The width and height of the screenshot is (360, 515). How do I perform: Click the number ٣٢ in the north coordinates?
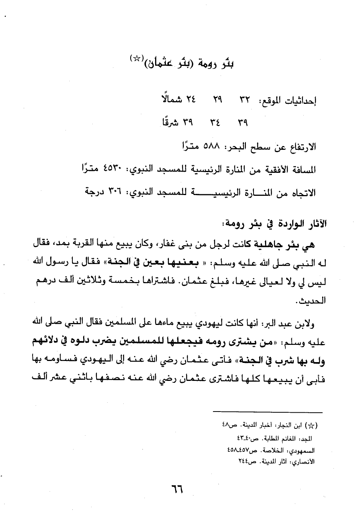(244, 101)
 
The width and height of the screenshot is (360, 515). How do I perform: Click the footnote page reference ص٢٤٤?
(245, 462)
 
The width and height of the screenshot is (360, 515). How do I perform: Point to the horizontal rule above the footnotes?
(268, 412)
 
